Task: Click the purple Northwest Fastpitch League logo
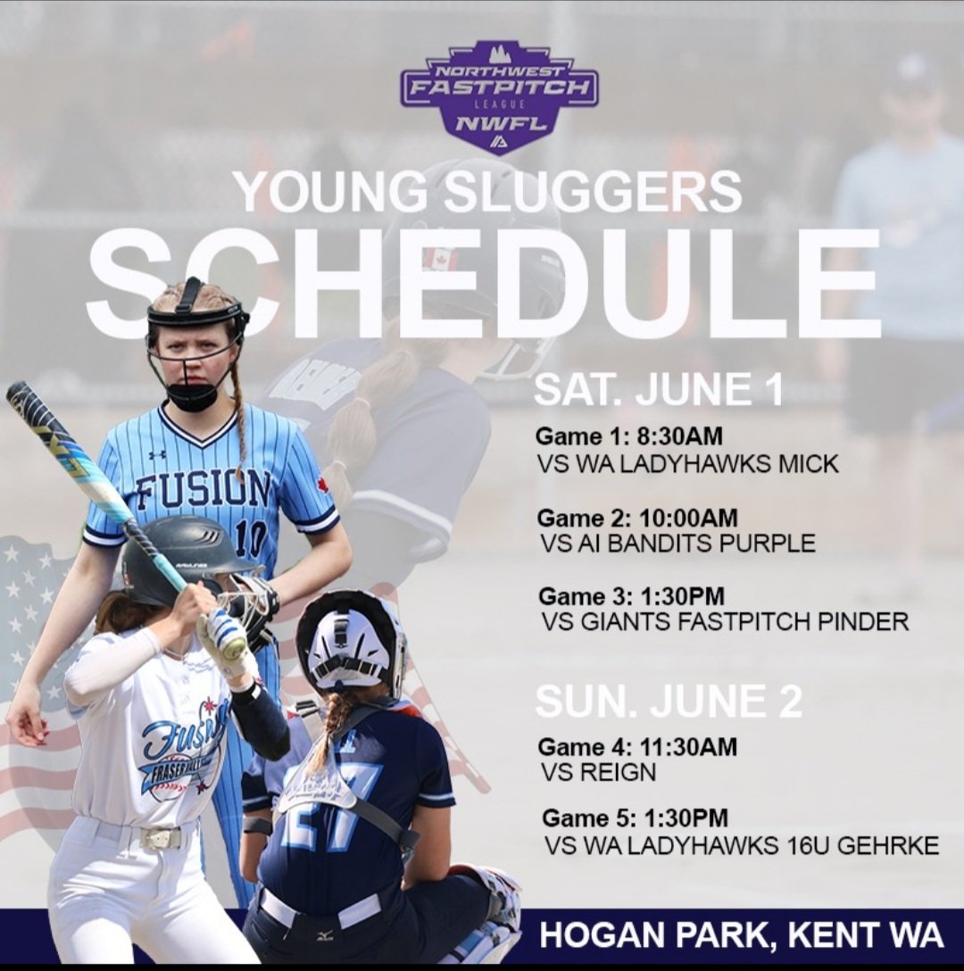tap(499, 95)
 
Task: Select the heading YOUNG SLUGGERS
tap(486, 191)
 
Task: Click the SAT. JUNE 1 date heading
tap(659, 390)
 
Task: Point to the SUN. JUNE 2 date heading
tap(669, 701)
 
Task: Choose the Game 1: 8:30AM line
tap(628, 436)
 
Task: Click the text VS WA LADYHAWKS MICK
tap(688, 465)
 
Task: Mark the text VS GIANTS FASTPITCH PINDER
tap(725, 622)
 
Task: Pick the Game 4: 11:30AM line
tap(638, 746)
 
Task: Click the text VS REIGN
tap(598, 773)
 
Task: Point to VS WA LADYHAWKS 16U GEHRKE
tap(740, 845)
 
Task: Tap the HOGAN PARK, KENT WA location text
tap(741, 934)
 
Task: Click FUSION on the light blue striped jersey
tap(204, 486)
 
